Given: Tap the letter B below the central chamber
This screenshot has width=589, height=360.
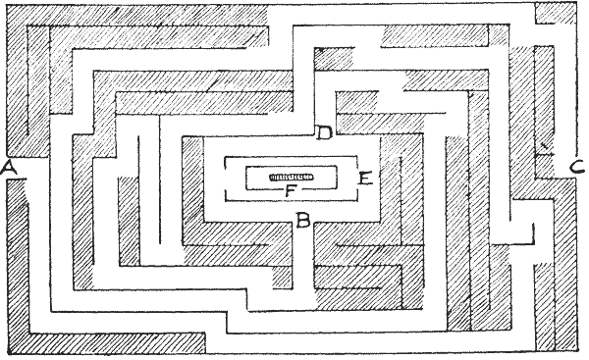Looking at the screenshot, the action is (x=304, y=220).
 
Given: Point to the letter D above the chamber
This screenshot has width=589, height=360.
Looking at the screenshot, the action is (x=323, y=132).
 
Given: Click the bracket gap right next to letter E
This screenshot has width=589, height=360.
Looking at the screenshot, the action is (x=352, y=178).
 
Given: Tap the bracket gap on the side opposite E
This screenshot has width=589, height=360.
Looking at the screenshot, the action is (x=227, y=178).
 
